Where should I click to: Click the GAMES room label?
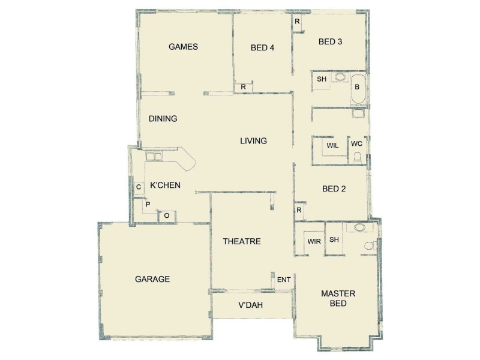[183, 47]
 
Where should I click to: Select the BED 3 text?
[330, 41]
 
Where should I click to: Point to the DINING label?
[163, 119]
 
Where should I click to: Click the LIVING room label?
[253, 141]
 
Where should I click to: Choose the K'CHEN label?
[165, 185]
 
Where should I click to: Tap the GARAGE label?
[152, 279]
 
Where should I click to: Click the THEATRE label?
[241, 242]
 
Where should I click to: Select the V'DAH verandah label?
[251, 305]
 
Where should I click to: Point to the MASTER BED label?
[338, 298]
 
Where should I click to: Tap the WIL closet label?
[332, 146]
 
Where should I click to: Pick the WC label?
[356, 144]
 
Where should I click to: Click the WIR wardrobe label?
[314, 241]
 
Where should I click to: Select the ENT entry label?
[284, 280]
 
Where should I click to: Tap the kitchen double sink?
[154, 157]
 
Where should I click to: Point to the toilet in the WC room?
[358, 157]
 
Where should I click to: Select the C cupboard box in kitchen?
[139, 188]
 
